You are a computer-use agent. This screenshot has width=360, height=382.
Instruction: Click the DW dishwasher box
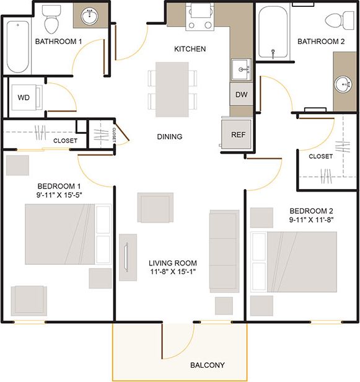tap(242, 95)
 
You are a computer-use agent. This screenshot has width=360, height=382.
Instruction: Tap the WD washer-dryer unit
tap(24, 98)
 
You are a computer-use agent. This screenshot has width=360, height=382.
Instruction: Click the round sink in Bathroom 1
tap(89, 14)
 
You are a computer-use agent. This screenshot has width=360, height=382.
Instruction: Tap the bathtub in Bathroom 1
tap(17, 47)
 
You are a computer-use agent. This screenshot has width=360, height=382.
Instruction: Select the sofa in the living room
tap(224, 251)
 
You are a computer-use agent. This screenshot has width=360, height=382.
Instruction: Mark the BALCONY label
tap(208, 365)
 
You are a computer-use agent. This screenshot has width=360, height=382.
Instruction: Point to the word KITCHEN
tap(190, 49)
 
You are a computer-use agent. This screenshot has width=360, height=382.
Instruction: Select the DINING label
tap(169, 136)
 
